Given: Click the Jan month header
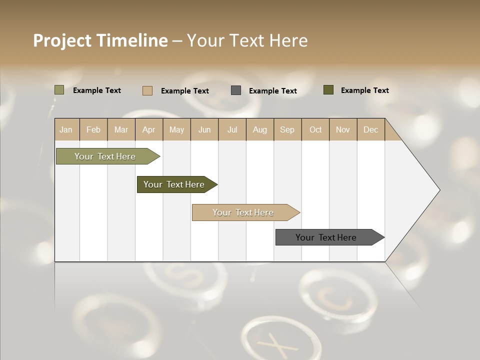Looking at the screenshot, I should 66,129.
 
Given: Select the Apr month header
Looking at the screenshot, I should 149,129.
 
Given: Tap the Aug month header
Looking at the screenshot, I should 260,129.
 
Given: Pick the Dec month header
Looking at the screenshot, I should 370,129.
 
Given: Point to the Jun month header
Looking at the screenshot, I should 204,129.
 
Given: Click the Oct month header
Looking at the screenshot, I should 315,129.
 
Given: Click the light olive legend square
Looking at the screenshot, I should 59,90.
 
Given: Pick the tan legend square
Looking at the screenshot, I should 147,90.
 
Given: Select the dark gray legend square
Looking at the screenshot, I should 236,90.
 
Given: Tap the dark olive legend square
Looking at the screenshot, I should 328,90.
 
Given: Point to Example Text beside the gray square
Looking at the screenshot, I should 272,91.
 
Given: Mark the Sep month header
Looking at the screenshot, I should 287,129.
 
